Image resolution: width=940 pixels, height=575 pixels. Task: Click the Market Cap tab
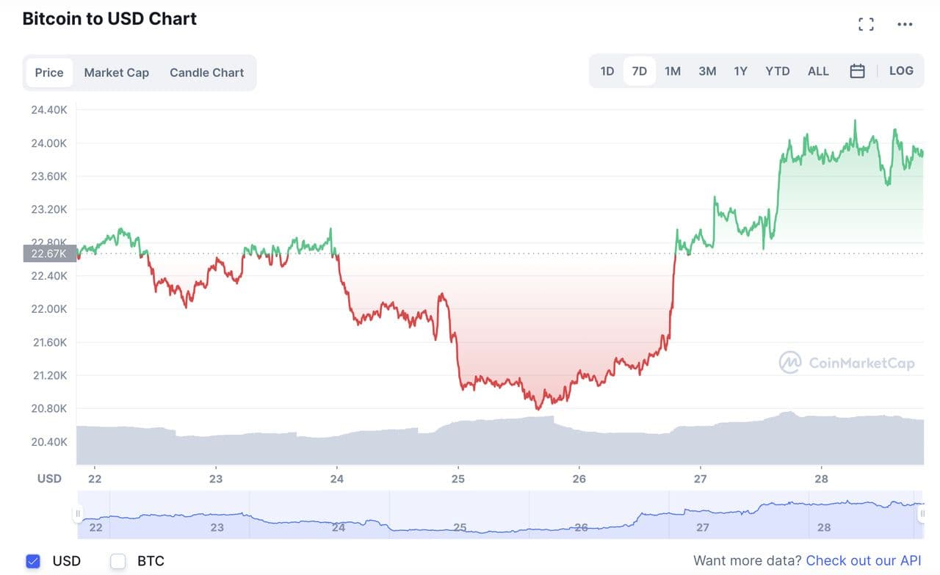click(116, 73)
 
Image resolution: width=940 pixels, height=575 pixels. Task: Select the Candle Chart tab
click(206, 73)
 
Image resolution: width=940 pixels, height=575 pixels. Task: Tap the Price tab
click(49, 73)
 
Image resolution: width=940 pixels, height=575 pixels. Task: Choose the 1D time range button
click(607, 71)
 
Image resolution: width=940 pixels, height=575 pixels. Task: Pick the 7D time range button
click(640, 71)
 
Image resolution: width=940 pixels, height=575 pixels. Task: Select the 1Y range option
click(740, 71)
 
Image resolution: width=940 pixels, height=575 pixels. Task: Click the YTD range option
click(777, 71)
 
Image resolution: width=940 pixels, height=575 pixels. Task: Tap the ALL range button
click(818, 71)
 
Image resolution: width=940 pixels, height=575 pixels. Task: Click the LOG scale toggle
click(901, 71)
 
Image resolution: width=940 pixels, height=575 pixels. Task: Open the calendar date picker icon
click(857, 71)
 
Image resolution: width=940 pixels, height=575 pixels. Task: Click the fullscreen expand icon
click(866, 24)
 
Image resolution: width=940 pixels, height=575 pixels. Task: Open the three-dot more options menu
click(905, 24)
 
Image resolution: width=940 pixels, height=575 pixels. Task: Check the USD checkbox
click(33, 561)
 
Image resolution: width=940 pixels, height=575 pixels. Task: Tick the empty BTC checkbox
click(118, 561)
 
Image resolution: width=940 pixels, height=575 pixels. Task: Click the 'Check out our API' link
click(863, 561)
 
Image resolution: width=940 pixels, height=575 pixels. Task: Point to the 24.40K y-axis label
click(49, 110)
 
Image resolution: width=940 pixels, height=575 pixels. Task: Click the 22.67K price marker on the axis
click(49, 253)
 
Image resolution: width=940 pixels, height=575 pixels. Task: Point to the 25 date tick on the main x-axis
click(458, 479)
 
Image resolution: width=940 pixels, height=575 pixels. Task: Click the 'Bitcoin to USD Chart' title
click(109, 19)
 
